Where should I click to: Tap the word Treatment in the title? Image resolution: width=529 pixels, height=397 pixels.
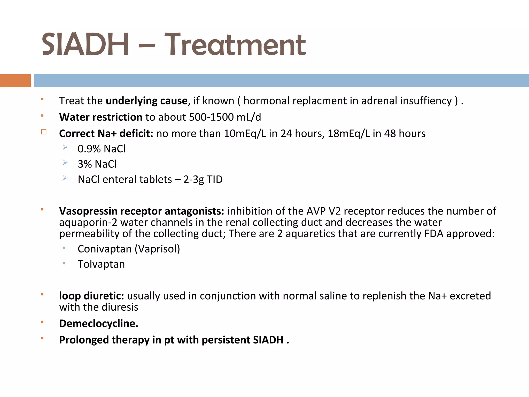(x=235, y=44)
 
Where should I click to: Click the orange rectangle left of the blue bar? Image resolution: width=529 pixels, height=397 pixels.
(x=15, y=81)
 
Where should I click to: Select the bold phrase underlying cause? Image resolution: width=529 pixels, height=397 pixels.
(x=146, y=101)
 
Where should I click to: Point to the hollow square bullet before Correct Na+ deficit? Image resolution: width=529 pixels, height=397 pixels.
(x=44, y=132)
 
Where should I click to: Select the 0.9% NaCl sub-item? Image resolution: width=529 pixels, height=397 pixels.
(x=102, y=149)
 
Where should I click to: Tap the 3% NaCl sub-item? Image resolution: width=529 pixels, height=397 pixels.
(x=97, y=164)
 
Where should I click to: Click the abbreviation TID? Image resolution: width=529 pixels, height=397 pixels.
(x=215, y=179)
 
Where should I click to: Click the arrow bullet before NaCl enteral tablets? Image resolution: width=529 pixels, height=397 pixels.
(x=65, y=178)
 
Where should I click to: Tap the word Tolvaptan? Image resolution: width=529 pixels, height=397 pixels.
(x=101, y=264)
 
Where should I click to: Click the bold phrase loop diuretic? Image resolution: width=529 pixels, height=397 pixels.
(x=91, y=296)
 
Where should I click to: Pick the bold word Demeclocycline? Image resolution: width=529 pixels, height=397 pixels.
(x=98, y=324)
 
